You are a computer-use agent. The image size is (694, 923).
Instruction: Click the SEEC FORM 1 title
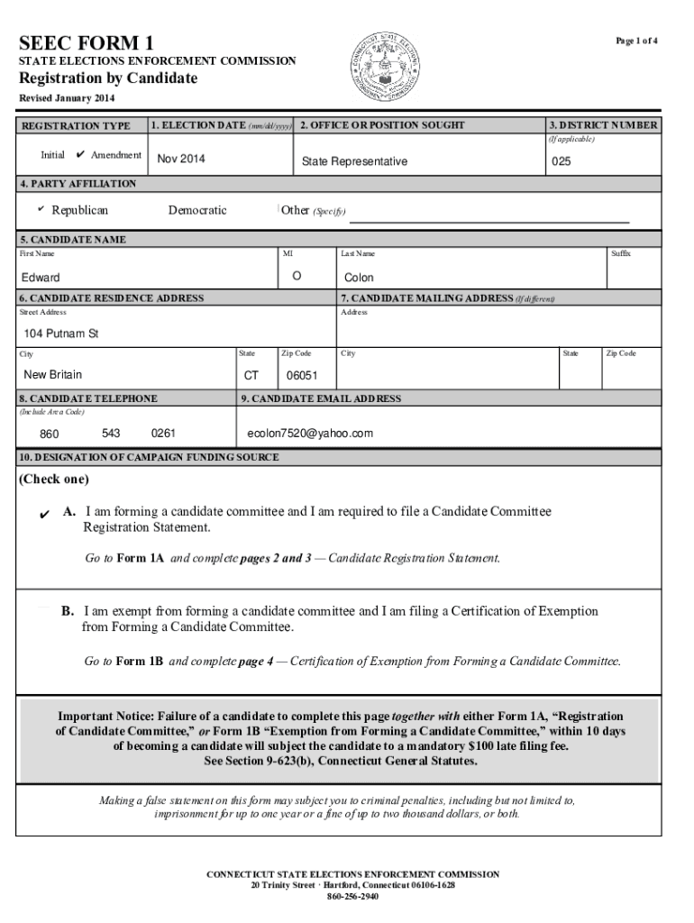[87, 42]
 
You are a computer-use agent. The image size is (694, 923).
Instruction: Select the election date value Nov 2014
[181, 160]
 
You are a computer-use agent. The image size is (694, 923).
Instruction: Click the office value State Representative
[354, 161]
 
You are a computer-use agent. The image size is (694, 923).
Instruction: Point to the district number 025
[561, 160]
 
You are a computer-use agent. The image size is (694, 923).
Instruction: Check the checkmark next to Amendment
[81, 154]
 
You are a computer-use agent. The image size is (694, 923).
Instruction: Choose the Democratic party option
[197, 210]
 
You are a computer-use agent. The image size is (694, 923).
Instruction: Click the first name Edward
[41, 278]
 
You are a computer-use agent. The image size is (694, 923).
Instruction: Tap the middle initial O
[297, 275]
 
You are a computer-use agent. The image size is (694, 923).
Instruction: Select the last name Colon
[358, 278]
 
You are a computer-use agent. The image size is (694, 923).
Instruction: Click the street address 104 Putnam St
[60, 334]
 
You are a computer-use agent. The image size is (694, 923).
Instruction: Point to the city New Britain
[52, 374]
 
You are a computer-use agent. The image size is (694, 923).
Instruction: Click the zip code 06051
[301, 375]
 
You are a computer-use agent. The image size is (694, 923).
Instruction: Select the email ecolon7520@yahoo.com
[310, 434]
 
